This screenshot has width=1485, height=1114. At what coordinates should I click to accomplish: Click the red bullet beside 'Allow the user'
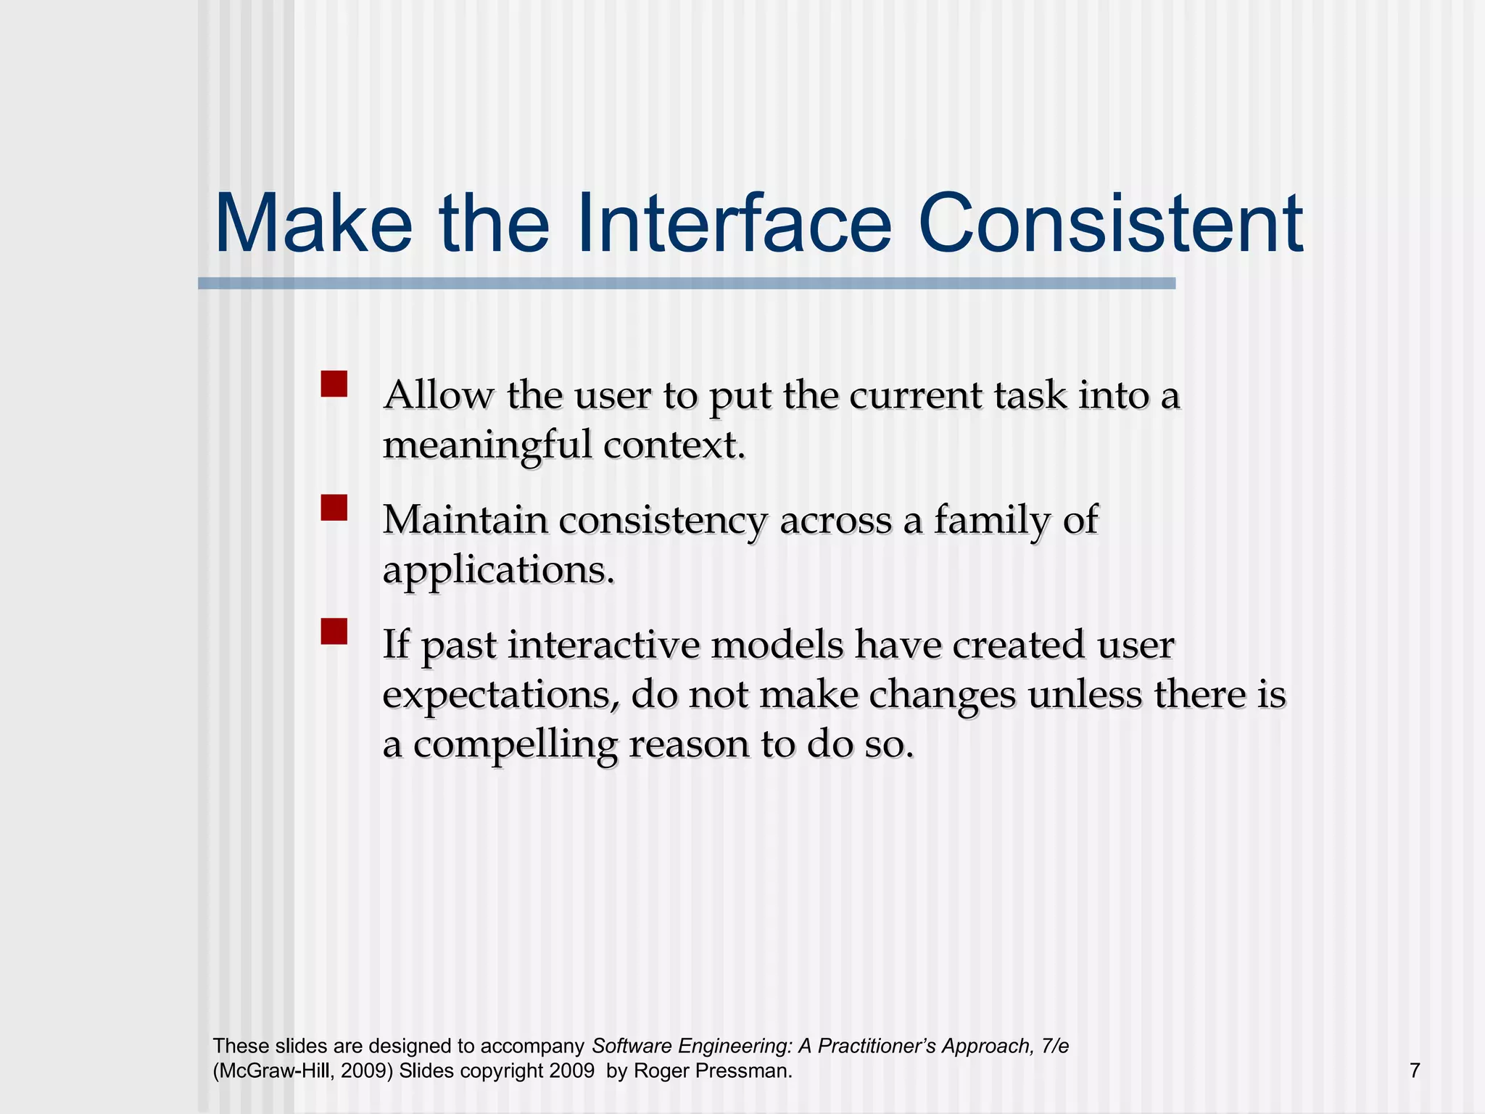pyautogui.click(x=334, y=384)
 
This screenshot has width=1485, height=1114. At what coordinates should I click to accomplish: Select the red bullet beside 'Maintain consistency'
pyautogui.click(x=334, y=508)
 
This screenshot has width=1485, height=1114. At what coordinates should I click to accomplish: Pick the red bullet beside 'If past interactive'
pyautogui.click(x=334, y=631)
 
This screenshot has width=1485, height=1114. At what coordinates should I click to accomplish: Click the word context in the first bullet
pyautogui.click(x=674, y=445)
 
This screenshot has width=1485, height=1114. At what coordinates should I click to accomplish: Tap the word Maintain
pyautogui.click(x=465, y=520)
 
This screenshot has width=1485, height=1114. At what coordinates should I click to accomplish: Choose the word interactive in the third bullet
pyautogui.click(x=603, y=645)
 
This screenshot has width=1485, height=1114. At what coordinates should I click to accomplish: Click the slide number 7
pyautogui.click(x=1415, y=1070)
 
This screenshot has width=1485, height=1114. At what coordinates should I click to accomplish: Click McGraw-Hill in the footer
pyautogui.click(x=274, y=1071)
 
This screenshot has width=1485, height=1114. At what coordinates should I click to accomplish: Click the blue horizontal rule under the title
pyautogui.click(x=686, y=284)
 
